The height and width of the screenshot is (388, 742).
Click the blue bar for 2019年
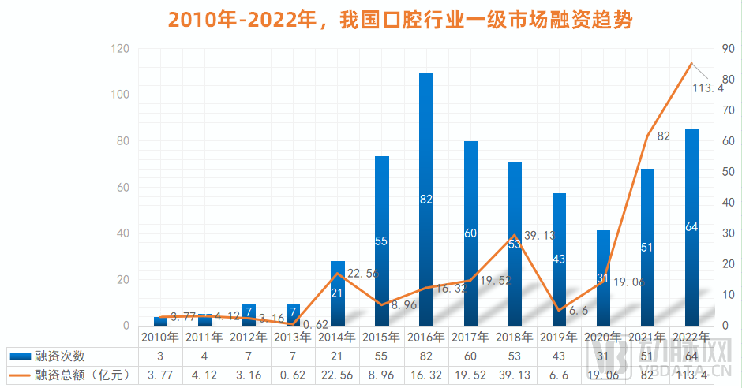point(559,260)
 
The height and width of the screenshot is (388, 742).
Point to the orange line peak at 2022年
point(691,64)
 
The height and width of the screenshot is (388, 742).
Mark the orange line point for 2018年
point(515,235)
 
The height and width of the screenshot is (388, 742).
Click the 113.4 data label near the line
point(707,88)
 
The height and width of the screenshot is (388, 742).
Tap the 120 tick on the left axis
point(120,49)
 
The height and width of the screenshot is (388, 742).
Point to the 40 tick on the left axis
point(122,233)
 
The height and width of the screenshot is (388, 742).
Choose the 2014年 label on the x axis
point(337,337)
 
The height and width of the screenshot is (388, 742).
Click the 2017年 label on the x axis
point(470,337)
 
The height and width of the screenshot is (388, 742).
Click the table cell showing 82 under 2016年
point(426,356)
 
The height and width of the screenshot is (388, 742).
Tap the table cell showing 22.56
point(337,373)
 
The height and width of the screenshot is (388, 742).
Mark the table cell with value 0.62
point(293,373)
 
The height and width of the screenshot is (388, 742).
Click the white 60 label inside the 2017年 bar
point(470,233)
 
